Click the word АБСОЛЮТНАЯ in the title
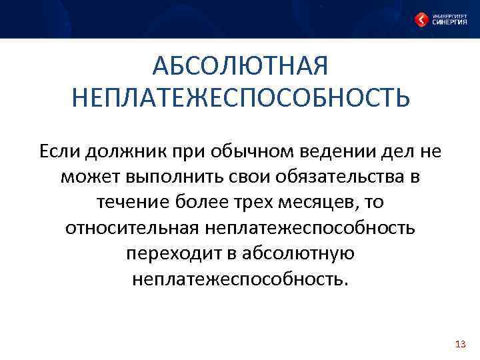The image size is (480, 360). (x=240, y=67)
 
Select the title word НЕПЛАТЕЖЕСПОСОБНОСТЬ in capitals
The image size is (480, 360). (x=240, y=98)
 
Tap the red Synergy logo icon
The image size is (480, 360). (x=422, y=19)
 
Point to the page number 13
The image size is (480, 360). (x=459, y=344)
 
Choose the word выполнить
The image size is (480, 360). (x=167, y=177)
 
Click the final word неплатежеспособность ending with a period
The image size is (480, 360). (x=240, y=279)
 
